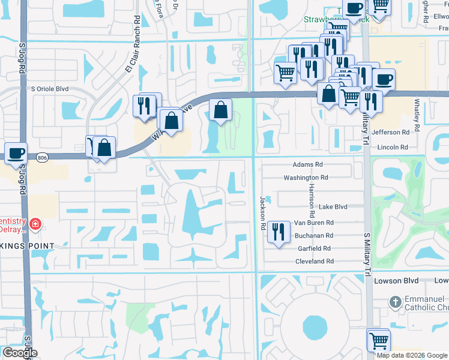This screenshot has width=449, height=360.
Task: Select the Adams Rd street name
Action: [x=308, y=164]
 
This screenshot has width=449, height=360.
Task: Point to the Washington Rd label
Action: [x=306, y=178]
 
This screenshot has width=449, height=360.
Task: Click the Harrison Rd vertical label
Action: [x=312, y=200]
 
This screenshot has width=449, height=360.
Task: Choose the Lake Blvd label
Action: [x=333, y=206]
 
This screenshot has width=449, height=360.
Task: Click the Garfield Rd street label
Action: [x=315, y=248]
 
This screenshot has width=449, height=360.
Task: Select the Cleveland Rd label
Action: [x=314, y=262]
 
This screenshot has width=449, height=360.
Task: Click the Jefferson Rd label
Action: [x=391, y=132]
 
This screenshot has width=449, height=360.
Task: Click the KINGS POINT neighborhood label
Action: [x=27, y=246]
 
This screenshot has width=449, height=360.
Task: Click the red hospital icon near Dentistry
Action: [x=36, y=224]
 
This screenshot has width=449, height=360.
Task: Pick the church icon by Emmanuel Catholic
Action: [x=395, y=301]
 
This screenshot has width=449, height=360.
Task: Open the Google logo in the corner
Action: [x=20, y=353]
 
